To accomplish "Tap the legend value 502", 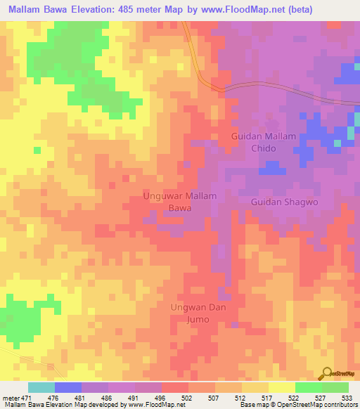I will pyautogui.click(x=188, y=397).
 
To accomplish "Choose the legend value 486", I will pyautogui.click(x=107, y=397).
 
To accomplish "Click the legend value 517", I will pyautogui.click(x=268, y=397).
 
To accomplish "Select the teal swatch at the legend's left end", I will pyautogui.click(x=41, y=387).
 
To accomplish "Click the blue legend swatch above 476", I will pyautogui.click(x=68, y=387).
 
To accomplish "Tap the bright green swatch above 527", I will pyautogui.click(x=308, y=387).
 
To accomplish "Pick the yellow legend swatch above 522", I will pyautogui.click(x=281, y=387).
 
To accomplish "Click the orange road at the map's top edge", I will pyautogui.click(x=188, y=32).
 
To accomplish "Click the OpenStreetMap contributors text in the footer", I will pyautogui.click(x=316, y=405).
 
